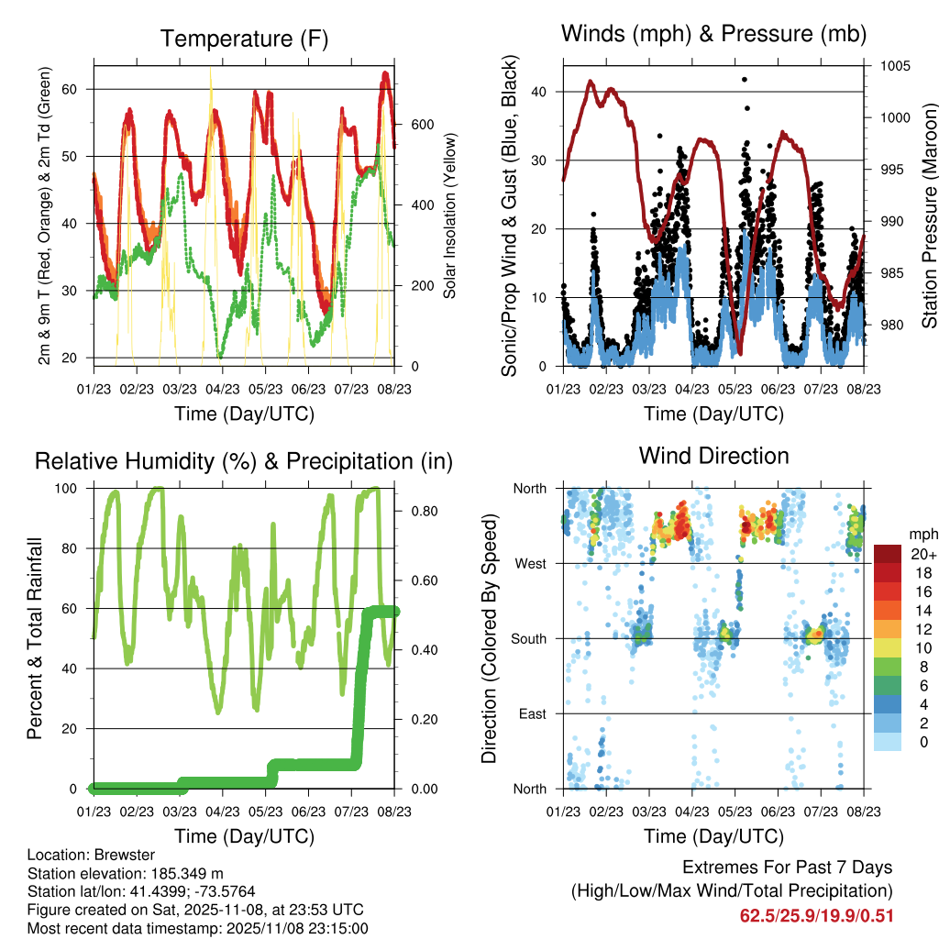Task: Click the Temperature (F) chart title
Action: pos(244,39)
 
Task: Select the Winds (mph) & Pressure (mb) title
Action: pos(713,35)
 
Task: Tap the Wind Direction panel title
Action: pos(713,456)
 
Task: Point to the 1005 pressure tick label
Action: pos(896,66)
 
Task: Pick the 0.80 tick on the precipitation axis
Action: pos(418,511)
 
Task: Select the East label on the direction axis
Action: pos(532,713)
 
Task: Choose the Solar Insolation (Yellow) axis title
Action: pos(450,215)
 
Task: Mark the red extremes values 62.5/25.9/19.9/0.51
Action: pos(816,915)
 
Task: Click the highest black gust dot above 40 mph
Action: pos(745,80)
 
